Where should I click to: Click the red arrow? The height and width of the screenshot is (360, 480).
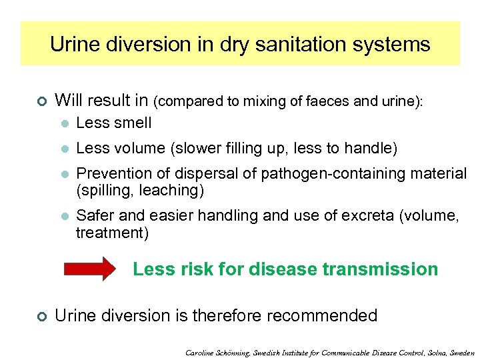(89, 269)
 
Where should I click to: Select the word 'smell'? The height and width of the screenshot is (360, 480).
(133, 123)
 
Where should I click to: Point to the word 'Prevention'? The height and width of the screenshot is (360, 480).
(115, 173)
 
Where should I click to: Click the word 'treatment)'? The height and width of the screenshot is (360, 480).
(112, 233)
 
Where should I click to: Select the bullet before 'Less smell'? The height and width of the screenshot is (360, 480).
(64, 123)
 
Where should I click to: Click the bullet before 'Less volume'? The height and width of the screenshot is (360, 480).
(64, 148)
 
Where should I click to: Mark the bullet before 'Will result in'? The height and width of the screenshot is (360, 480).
(41, 101)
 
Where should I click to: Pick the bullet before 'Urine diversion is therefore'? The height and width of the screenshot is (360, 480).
(41, 316)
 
